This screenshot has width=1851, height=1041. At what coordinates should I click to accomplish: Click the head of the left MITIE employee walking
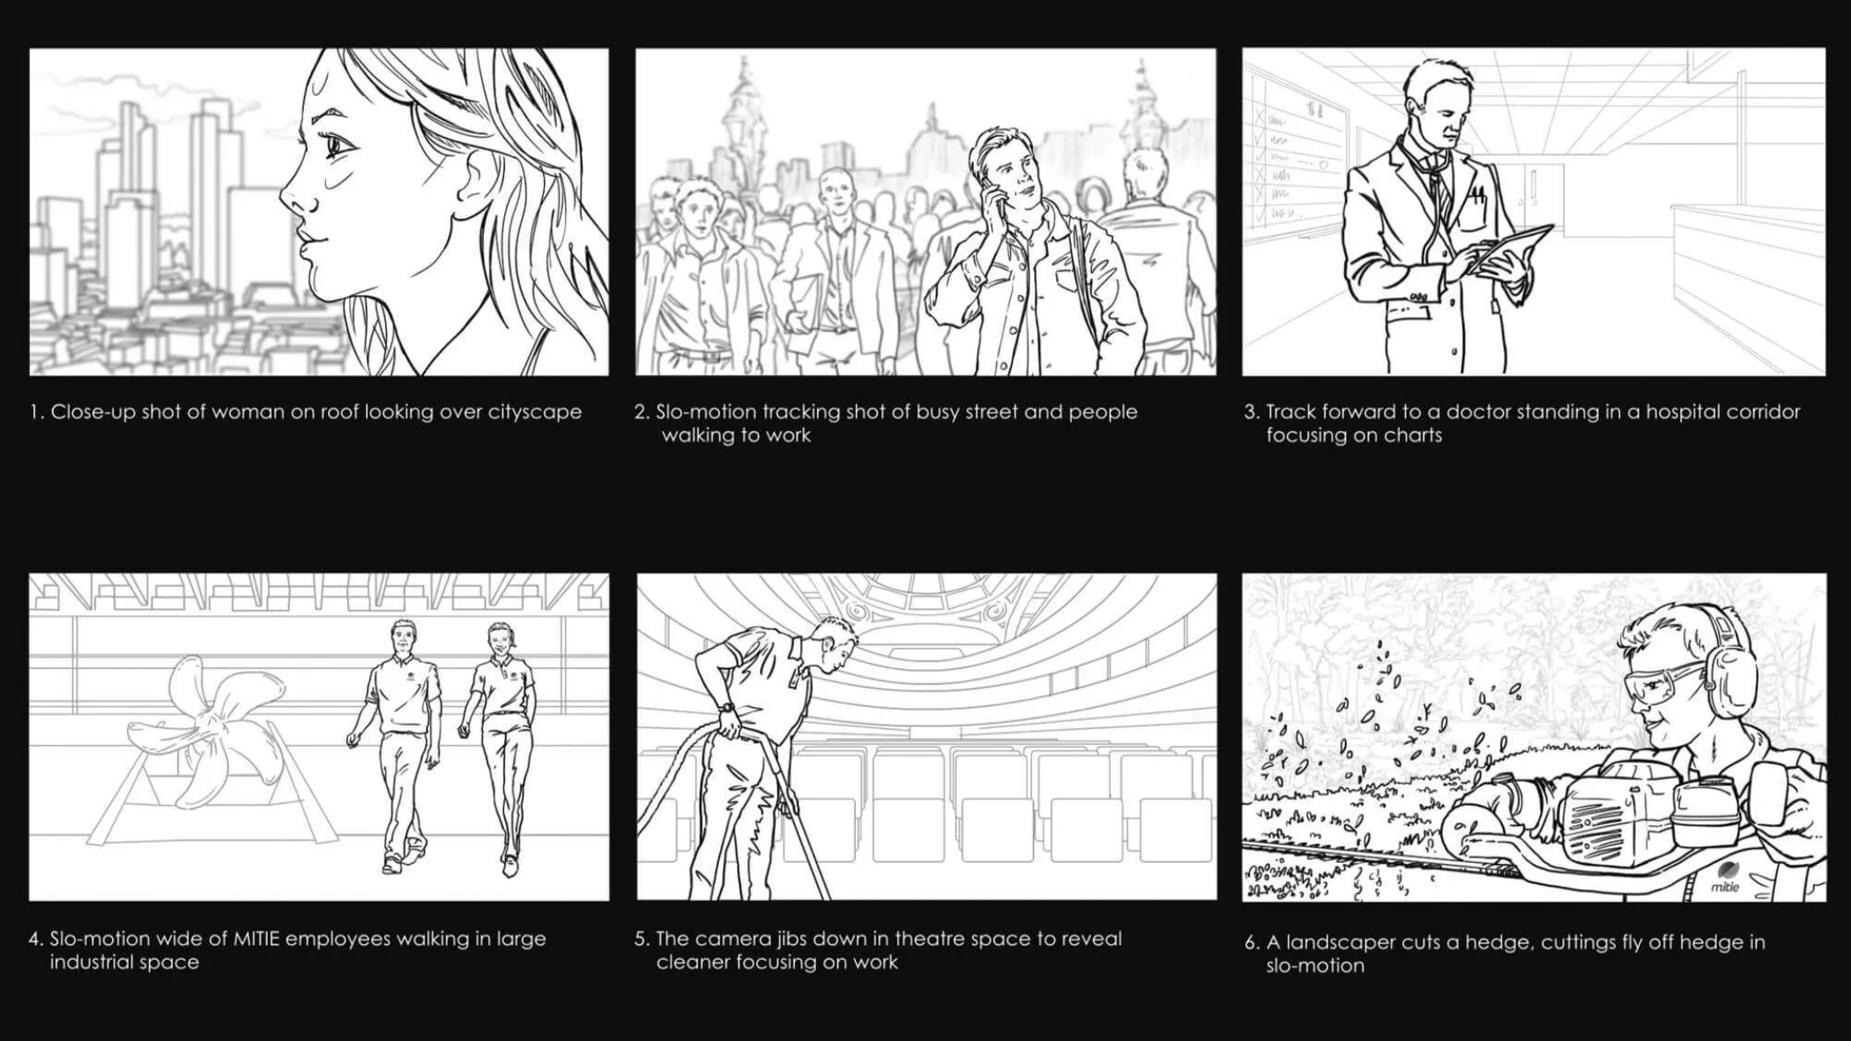(404, 638)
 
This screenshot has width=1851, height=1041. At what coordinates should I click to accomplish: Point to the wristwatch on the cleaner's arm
(726, 707)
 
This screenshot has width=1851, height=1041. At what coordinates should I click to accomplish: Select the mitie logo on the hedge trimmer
(1725, 879)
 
